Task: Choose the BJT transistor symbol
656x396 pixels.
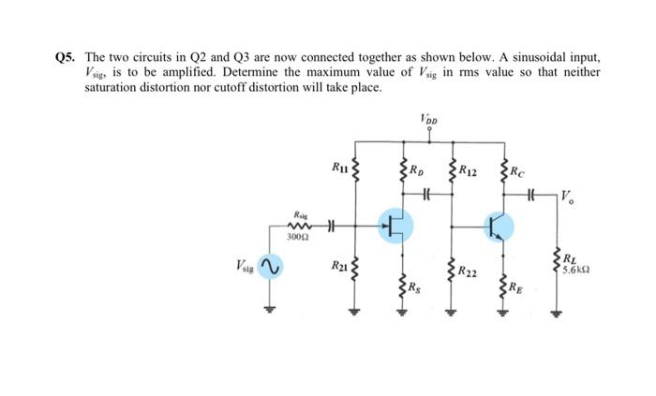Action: tap(499, 225)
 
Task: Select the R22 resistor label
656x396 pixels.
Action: tap(470, 272)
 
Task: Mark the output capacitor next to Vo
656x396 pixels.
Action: tap(531, 195)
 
